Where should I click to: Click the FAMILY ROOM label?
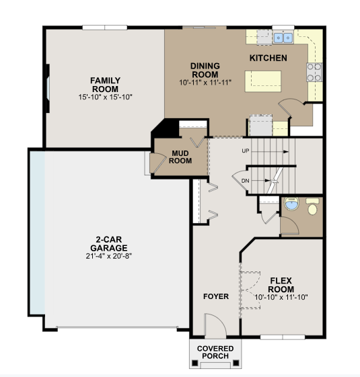click(x=105, y=85)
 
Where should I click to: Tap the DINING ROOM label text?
click(x=205, y=70)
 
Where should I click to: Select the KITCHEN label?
click(x=268, y=58)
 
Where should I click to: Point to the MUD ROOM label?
click(x=180, y=156)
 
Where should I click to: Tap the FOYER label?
click(x=216, y=296)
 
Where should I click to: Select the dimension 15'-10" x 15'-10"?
click(x=105, y=97)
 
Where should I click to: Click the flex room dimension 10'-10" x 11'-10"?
click(x=281, y=296)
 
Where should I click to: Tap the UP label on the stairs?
click(x=246, y=151)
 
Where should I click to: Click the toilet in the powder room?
click(x=312, y=207)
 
